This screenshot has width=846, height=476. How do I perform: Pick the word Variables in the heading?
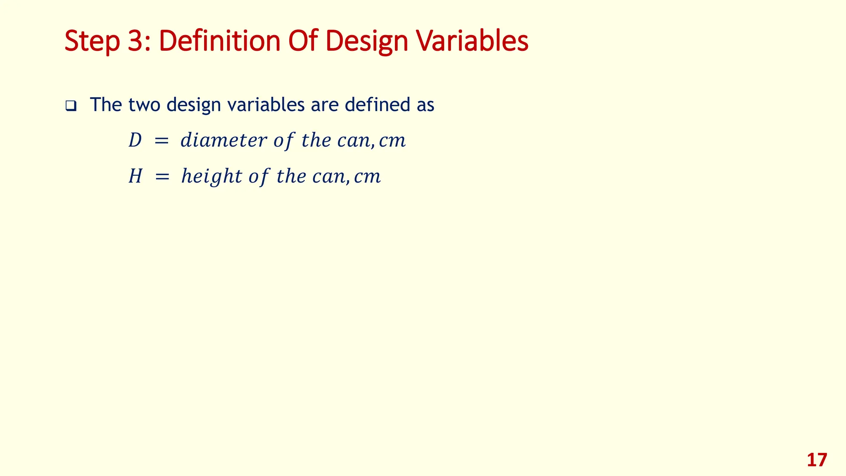(472, 41)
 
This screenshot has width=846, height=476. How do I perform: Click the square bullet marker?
(71, 106)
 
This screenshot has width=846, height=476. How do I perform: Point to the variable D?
(135, 140)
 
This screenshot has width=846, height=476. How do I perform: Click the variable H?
(135, 176)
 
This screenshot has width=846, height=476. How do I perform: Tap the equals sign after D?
(161, 141)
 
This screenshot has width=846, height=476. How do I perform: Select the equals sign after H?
(162, 177)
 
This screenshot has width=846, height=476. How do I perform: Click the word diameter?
(223, 140)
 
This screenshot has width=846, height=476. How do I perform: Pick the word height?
(211, 176)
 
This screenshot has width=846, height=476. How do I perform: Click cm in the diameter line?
(392, 141)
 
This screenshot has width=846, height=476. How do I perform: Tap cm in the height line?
(367, 177)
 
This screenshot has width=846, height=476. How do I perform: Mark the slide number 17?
(817, 460)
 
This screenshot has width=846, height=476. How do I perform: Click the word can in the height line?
(326, 177)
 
